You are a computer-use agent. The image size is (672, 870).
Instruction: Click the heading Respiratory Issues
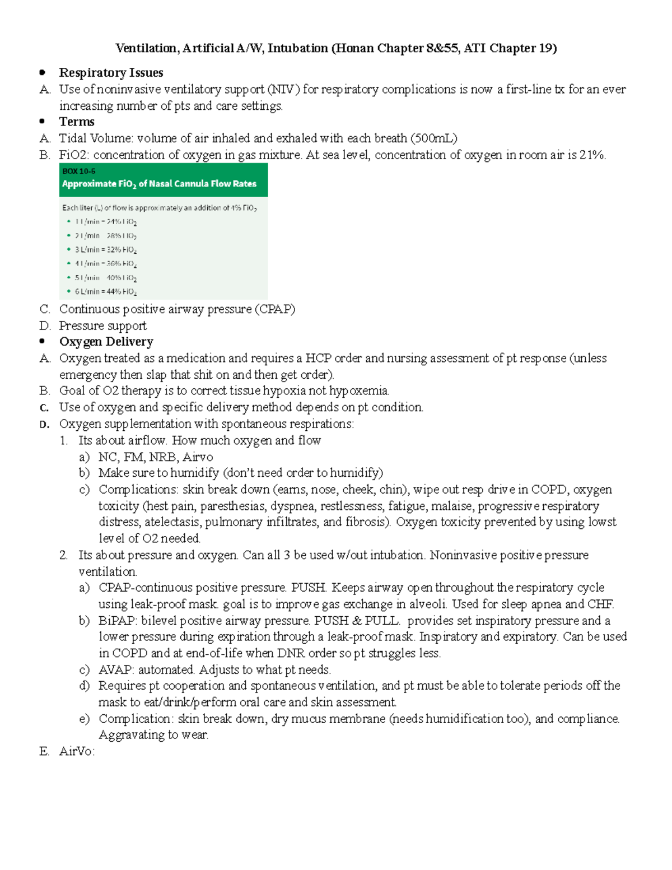pyautogui.click(x=111, y=73)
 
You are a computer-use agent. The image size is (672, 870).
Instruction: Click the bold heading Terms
pyautogui.click(x=77, y=122)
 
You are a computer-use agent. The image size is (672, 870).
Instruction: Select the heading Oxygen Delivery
pyautogui.click(x=106, y=342)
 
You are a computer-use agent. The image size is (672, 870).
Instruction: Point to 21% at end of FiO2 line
pyautogui.click(x=592, y=155)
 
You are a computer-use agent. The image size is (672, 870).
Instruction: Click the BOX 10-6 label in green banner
pyautogui.click(x=79, y=171)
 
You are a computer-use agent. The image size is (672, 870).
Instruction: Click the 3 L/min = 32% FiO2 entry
pyautogui.click(x=106, y=250)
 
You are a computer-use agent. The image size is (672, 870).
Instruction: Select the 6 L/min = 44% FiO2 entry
pyautogui.click(x=106, y=292)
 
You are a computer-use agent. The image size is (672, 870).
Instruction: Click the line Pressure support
pyautogui.click(x=103, y=326)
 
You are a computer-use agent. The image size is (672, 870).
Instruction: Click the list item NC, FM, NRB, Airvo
pyautogui.click(x=156, y=457)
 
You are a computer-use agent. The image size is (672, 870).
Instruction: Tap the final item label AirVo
pyautogui.click(x=77, y=752)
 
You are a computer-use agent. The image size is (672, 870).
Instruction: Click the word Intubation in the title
pyautogui.click(x=297, y=49)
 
